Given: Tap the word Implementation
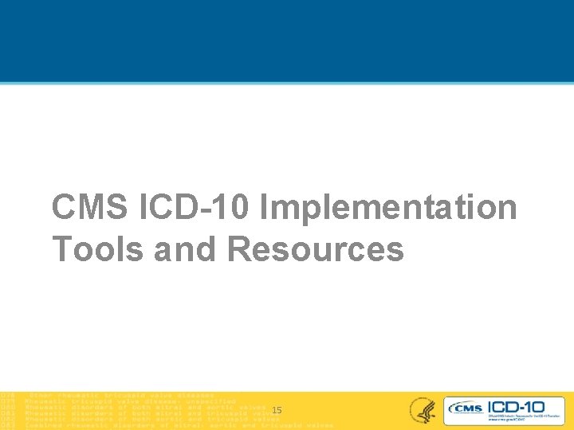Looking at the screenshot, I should point(389,209).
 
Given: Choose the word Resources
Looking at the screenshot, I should point(316,248).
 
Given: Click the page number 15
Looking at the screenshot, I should point(277,410).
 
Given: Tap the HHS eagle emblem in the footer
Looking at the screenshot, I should point(422,410).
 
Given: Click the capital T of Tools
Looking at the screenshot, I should point(62,248).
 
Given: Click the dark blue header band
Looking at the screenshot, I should point(287,40).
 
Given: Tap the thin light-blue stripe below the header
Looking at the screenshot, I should point(287,82).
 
